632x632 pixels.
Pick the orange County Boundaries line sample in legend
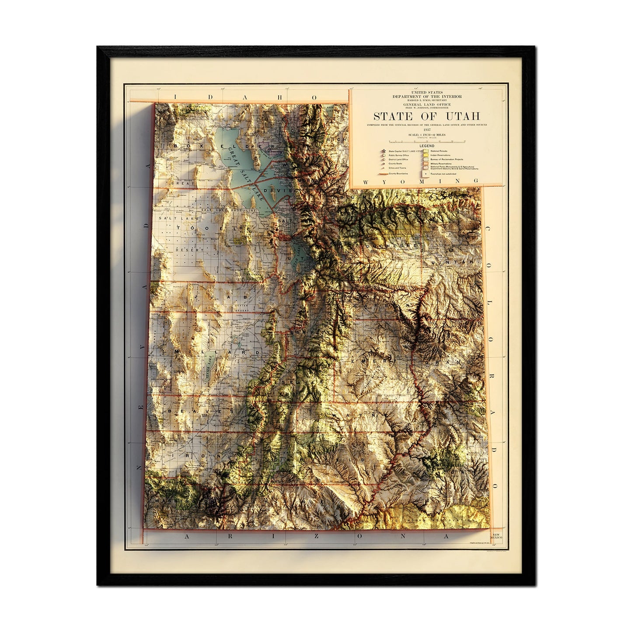pyautogui.click(x=384, y=174)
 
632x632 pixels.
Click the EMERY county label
pyautogui.click(x=372, y=361)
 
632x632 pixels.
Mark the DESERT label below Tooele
pyautogui.click(x=183, y=250)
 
